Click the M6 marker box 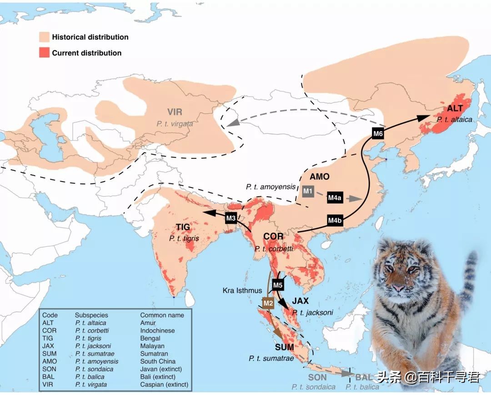[x=378, y=133]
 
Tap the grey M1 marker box [x=308, y=191]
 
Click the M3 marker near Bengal [x=231, y=218]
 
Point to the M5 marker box [x=278, y=285]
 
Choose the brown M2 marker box [x=268, y=303]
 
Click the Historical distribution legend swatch [x=44, y=37]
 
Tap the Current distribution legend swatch [x=44, y=53]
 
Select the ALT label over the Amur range [x=455, y=109]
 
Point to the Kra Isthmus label [x=242, y=290]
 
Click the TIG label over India [x=183, y=227]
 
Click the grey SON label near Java [x=317, y=377]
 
